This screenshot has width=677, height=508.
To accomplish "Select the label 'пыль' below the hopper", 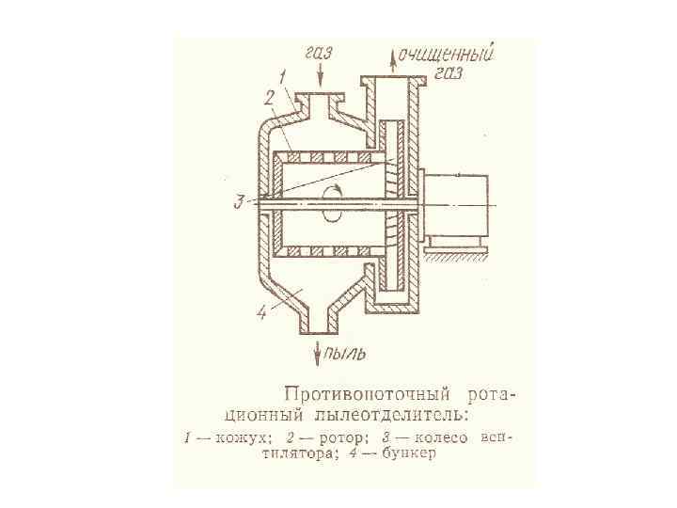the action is [343, 354].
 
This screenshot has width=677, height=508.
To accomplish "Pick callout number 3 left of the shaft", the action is [241, 200].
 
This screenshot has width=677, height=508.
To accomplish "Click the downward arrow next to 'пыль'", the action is [317, 353].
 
